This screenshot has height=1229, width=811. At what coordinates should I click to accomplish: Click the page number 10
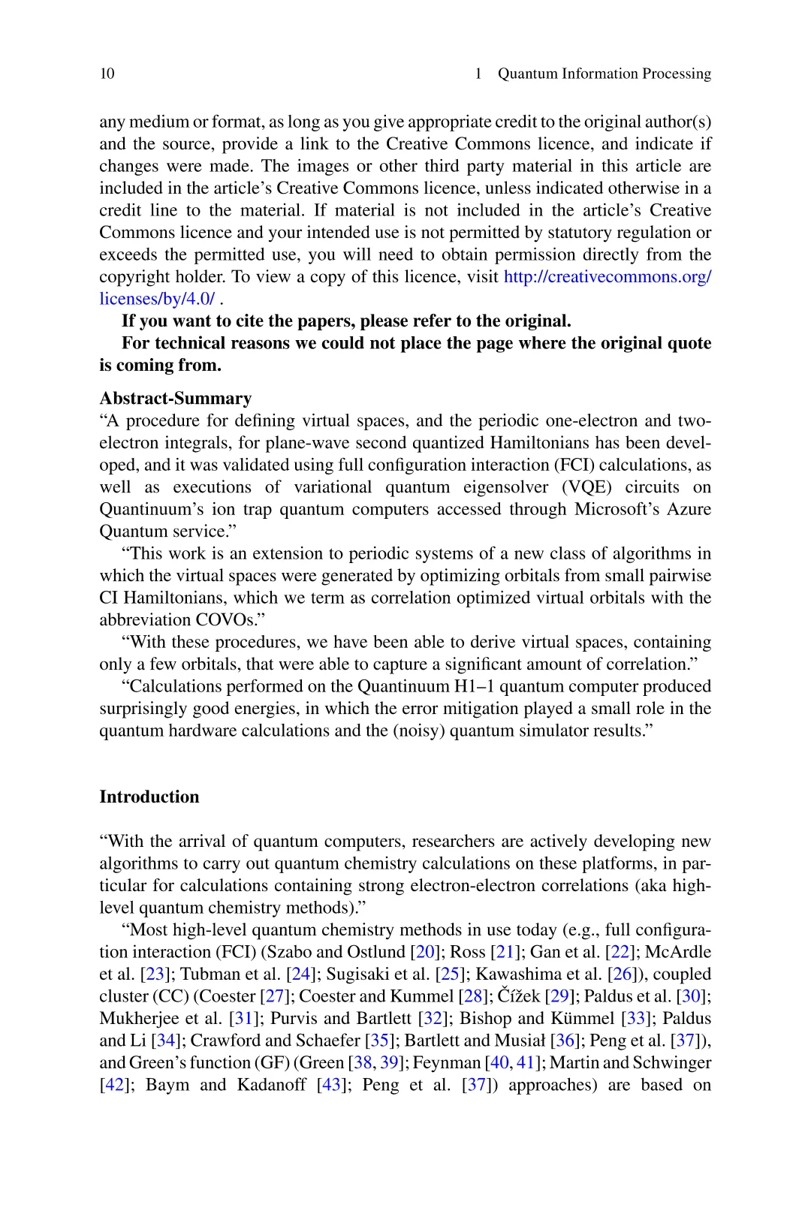107,74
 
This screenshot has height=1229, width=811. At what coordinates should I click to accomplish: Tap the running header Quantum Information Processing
604,74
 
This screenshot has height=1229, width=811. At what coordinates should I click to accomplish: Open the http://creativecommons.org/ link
607,277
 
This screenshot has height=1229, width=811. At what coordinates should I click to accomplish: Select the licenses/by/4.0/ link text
157,299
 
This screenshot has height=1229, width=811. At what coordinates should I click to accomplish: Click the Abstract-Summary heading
175,399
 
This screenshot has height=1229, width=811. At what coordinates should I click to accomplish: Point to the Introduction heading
149,797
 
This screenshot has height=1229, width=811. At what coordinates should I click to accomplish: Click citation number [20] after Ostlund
426,952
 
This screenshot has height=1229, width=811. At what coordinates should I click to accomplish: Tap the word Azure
688,509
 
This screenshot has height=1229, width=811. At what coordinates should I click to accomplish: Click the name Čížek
520,996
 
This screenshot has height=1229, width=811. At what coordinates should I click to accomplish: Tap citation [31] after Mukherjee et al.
243,1019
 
